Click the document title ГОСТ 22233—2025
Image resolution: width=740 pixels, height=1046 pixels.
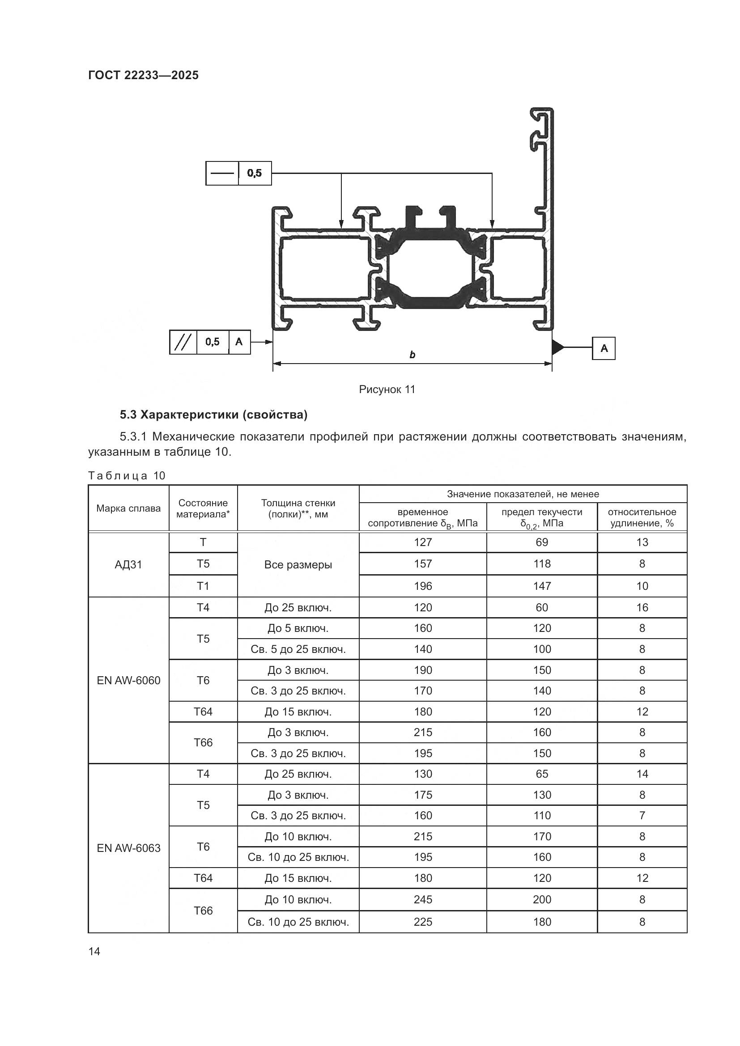[143, 75]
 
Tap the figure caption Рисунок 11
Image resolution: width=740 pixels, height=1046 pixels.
[387, 390]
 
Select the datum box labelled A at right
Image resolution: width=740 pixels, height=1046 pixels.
[603, 348]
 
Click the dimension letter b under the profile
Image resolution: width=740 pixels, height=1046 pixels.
[412, 355]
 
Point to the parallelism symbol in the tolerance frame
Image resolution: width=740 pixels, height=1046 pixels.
[183, 342]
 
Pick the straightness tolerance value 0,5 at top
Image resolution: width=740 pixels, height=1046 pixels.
[255, 173]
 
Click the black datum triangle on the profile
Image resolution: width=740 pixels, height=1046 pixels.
[557, 347]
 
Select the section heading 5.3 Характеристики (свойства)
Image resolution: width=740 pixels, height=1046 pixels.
[214, 415]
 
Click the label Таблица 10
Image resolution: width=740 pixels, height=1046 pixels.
[126, 476]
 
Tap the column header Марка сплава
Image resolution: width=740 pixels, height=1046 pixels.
[128, 508]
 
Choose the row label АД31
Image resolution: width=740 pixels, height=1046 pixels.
[128, 564]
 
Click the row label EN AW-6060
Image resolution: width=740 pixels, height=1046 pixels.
[128, 680]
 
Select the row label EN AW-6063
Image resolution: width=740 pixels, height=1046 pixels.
[128, 848]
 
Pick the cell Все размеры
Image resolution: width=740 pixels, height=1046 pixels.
[298, 564]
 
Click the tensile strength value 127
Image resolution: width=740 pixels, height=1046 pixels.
[422, 542]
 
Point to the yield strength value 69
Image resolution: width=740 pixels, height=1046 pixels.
[542, 542]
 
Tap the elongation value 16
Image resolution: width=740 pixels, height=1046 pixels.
[642, 607]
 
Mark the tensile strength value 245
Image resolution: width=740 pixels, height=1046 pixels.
[422, 899]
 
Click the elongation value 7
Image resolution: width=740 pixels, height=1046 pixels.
[642, 816]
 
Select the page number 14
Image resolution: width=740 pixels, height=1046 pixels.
[94, 951]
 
